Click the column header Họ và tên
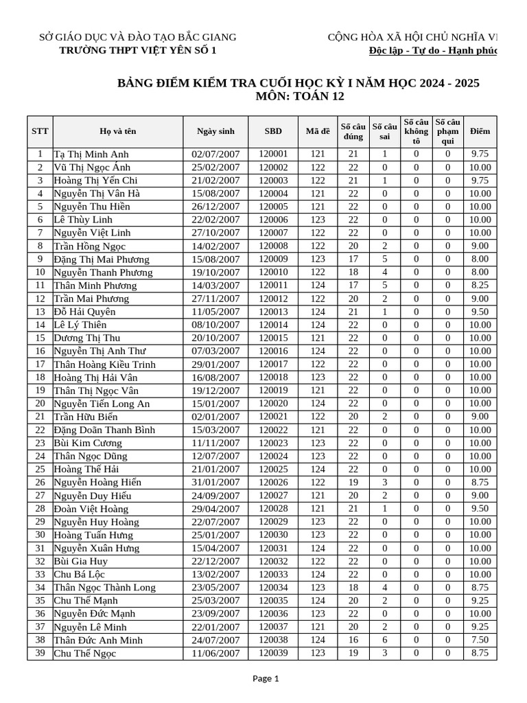[x=117, y=131]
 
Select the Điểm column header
[x=480, y=131]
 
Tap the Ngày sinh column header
[x=215, y=131]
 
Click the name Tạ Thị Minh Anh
[x=91, y=154]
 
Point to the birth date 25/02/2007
[x=215, y=168]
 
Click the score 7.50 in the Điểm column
[x=480, y=640]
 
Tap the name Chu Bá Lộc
[x=80, y=575]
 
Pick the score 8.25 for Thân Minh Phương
[x=480, y=286]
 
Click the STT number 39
[x=40, y=653]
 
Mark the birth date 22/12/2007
[x=215, y=562]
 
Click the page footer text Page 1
[x=266, y=679]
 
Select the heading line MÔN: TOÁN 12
[x=299, y=97]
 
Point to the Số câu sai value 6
[x=384, y=640]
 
